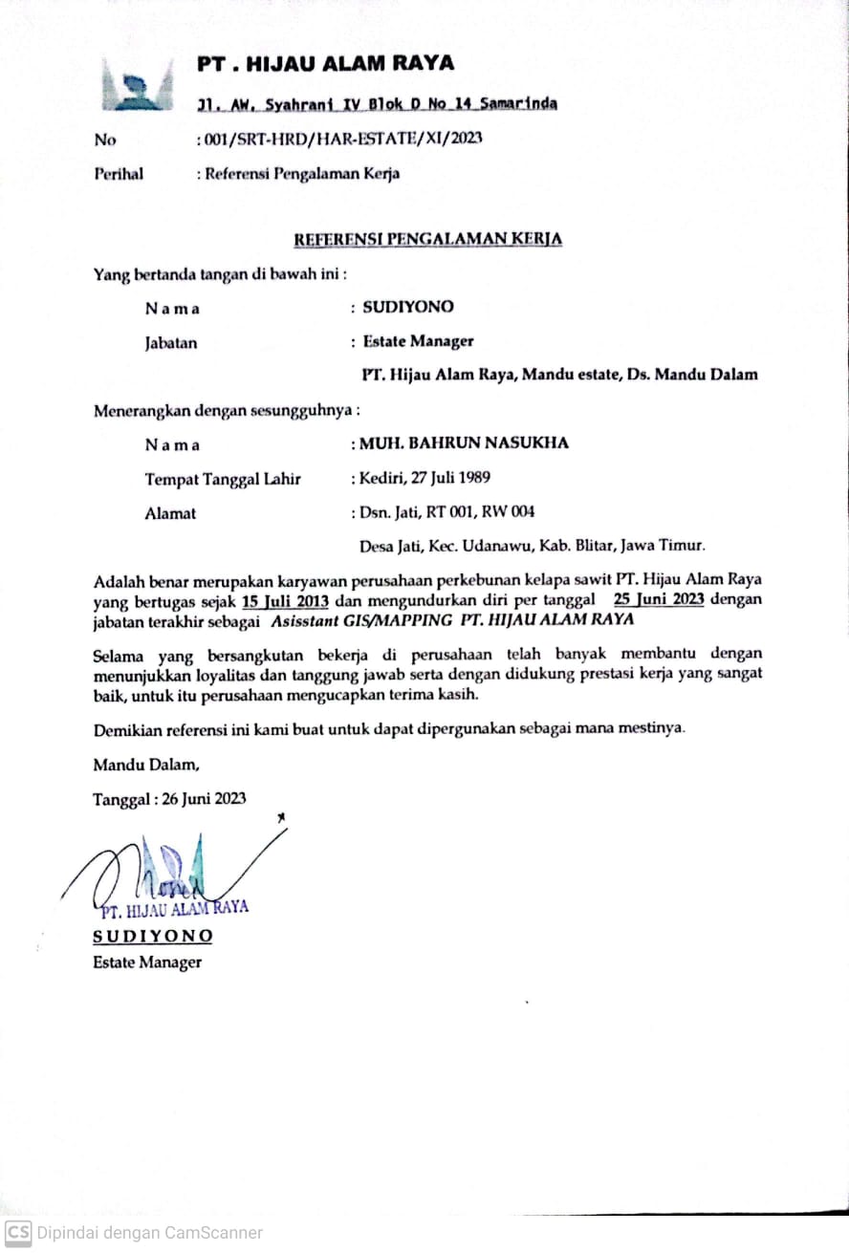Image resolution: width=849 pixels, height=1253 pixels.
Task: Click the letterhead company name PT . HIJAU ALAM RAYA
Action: pos(325,64)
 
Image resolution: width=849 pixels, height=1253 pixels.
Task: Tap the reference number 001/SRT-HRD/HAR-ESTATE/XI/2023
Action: pos(341,138)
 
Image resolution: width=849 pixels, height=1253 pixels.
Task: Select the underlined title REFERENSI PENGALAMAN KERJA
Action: pos(427,238)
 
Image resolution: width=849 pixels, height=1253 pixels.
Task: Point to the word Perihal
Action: pos(119,174)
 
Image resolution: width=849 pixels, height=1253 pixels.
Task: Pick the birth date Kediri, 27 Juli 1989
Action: pos(424,478)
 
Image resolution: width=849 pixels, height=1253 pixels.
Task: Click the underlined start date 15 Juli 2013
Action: pos(286,601)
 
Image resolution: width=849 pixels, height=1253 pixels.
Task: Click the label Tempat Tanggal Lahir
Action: pos(222,479)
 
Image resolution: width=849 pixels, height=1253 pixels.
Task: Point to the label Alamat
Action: pos(170,513)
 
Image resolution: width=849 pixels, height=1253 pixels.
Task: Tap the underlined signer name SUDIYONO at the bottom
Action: pos(153,936)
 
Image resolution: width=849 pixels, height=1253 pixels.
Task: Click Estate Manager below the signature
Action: pos(147,962)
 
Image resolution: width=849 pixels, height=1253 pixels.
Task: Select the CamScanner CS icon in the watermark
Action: pos(18,1232)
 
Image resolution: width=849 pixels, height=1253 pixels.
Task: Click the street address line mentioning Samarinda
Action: pos(377,103)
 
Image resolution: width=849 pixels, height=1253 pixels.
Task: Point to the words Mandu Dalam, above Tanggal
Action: pos(146,765)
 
